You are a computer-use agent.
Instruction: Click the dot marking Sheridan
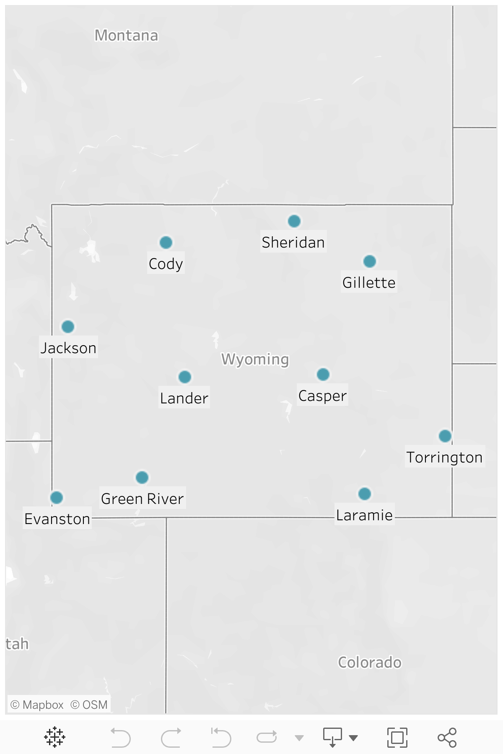(x=294, y=221)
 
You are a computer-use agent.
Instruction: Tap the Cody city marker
(x=166, y=242)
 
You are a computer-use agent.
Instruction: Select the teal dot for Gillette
(x=369, y=261)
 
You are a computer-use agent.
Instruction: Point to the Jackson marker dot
(x=68, y=326)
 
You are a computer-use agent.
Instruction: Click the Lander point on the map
(x=185, y=377)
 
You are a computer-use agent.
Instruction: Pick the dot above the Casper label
(x=323, y=374)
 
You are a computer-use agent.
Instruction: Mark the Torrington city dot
(x=445, y=436)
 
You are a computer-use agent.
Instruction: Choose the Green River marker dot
(x=142, y=477)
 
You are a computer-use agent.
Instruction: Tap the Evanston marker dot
(x=57, y=497)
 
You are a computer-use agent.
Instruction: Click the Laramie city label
(x=365, y=515)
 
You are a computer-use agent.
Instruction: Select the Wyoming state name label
(x=255, y=359)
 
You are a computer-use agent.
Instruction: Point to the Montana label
(x=126, y=36)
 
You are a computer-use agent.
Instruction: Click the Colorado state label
(x=370, y=662)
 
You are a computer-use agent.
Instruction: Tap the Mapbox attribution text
(x=37, y=705)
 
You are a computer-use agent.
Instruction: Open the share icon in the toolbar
(x=447, y=738)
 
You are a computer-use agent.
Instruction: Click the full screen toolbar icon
(x=397, y=738)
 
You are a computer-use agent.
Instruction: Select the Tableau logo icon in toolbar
(x=54, y=738)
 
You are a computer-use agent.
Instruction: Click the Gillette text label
(x=369, y=283)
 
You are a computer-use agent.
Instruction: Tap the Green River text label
(x=143, y=499)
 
